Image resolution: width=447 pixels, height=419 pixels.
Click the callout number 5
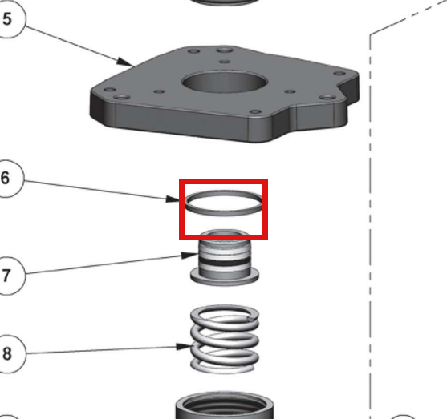pyautogui.click(x=7, y=19)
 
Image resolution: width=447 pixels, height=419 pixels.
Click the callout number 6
pyautogui.click(x=5, y=178)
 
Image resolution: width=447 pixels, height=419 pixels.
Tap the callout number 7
pyautogui.click(x=6, y=276)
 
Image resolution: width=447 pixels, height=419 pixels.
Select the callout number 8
pyautogui.click(x=7, y=353)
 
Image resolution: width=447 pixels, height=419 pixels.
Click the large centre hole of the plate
pyautogui.click(x=225, y=82)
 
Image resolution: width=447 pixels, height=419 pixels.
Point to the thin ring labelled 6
pyautogui.click(x=223, y=212)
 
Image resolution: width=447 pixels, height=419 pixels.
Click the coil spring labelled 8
pyautogui.click(x=225, y=339)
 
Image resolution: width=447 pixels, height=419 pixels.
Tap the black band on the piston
pyautogui.click(x=225, y=262)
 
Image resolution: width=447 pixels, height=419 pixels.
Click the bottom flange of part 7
pyautogui.click(x=225, y=278)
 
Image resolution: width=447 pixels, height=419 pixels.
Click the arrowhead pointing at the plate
pyautogui.click(x=125, y=62)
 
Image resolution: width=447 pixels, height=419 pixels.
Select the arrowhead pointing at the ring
pyautogui.click(x=173, y=199)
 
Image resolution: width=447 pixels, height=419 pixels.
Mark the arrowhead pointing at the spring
pyautogui.click(x=184, y=347)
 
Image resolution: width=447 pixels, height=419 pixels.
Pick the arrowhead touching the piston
pyautogui.click(x=190, y=255)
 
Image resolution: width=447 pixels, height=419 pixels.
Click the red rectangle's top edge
pyautogui.click(x=223, y=181)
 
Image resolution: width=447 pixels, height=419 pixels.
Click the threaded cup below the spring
pyautogui.click(x=225, y=405)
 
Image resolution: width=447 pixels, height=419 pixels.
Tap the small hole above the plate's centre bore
pyautogui.click(x=225, y=62)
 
